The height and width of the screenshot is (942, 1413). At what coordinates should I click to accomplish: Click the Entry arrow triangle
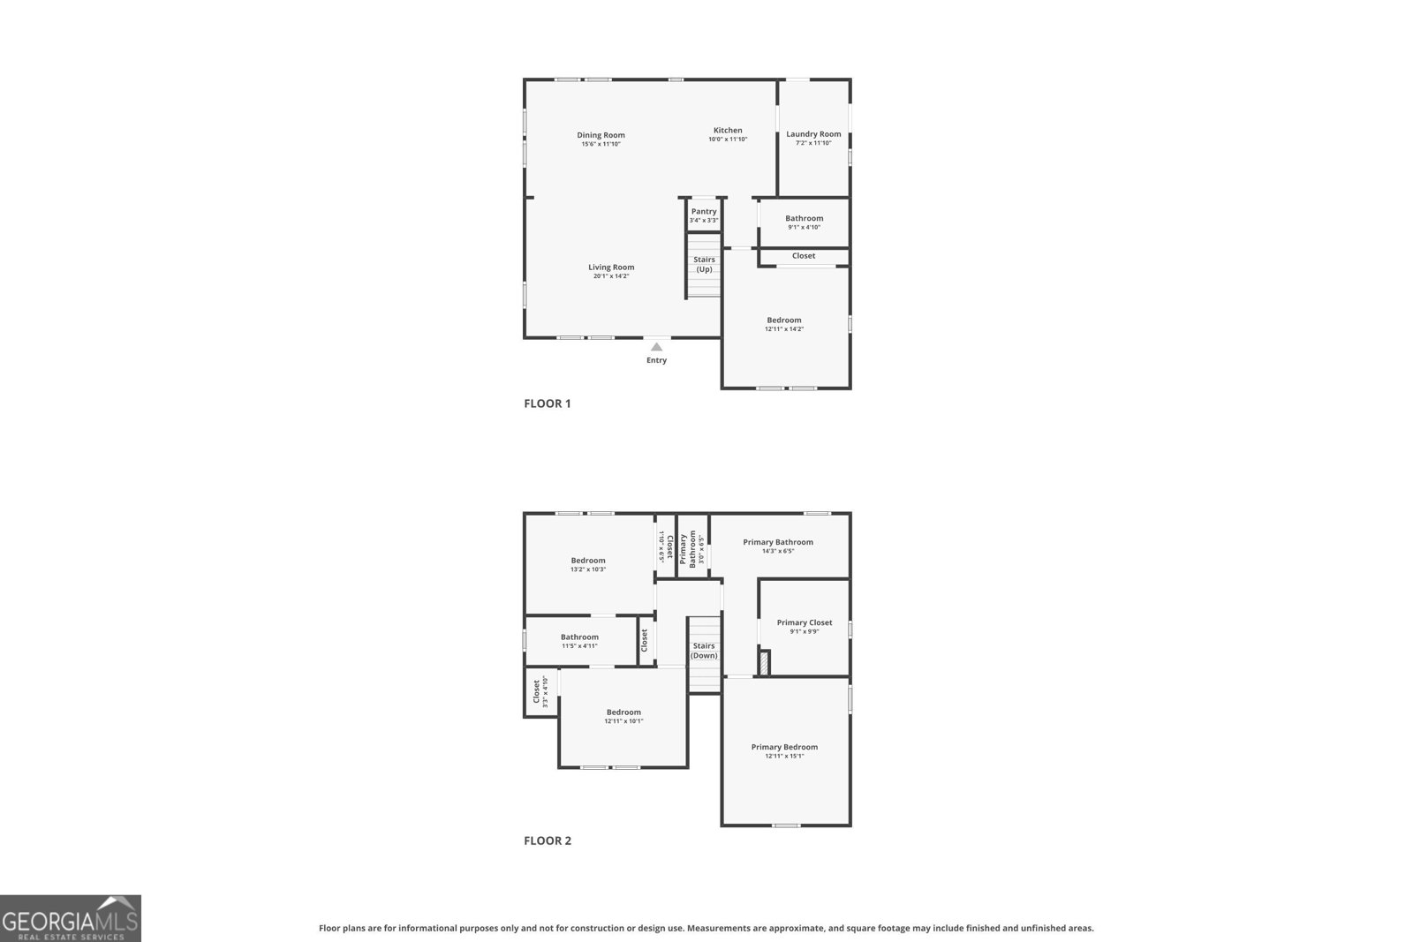click(656, 347)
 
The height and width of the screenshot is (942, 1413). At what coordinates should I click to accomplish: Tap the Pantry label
click(704, 212)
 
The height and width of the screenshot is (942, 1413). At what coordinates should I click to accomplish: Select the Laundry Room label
click(813, 134)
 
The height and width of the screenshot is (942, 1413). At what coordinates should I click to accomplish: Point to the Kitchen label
click(728, 131)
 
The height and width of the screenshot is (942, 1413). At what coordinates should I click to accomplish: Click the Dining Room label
click(601, 135)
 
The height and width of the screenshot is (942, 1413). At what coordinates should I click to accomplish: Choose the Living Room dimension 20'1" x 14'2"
click(611, 276)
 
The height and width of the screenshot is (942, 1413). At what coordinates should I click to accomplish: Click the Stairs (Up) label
click(704, 265)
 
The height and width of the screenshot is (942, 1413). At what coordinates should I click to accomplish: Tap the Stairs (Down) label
click(704, 651)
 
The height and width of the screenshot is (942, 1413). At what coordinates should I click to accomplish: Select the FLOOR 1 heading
click(548, 403)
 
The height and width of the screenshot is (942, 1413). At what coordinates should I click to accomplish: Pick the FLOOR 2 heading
click(548, 840)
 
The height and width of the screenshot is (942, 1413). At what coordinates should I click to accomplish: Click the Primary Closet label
click(805, 622)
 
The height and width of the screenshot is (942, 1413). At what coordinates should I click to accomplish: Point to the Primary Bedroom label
click(784, 747)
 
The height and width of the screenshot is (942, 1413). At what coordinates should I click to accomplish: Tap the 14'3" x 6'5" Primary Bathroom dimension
click(778, 552)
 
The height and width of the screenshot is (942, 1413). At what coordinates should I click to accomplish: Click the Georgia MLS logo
click(70, 918)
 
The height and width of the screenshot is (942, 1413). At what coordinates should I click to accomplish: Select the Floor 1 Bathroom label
click(804, 218)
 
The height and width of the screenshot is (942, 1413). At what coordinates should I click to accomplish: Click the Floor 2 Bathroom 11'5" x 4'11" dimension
click(579, 646)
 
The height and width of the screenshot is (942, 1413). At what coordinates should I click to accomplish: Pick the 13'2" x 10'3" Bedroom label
click(588, 561)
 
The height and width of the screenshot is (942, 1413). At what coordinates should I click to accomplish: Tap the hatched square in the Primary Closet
click(765, 663)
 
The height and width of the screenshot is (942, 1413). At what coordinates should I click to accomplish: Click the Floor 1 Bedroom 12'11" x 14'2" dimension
click(784, 329)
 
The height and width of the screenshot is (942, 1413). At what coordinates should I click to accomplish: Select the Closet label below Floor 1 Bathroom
click(804, 256)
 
